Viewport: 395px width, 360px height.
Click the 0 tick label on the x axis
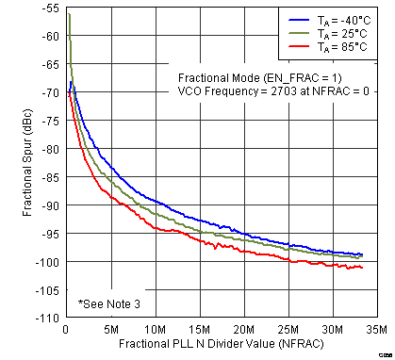65,330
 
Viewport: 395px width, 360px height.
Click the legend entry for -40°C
336,20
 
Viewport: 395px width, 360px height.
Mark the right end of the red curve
362,268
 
